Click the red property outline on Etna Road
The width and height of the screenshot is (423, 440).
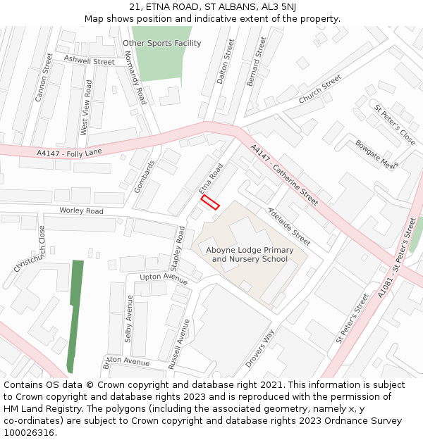[210, 202]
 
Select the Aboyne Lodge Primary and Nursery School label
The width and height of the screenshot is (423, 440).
[250, 254]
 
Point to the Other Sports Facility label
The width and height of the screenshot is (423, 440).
[161, 43]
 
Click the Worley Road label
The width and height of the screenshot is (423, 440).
[81, 211]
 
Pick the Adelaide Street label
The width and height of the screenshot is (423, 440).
[289, 226]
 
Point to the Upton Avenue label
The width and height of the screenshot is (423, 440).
[164, 277]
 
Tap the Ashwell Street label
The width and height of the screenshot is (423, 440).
[89, 61]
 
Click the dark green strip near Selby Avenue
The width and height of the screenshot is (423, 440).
[75, 310]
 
